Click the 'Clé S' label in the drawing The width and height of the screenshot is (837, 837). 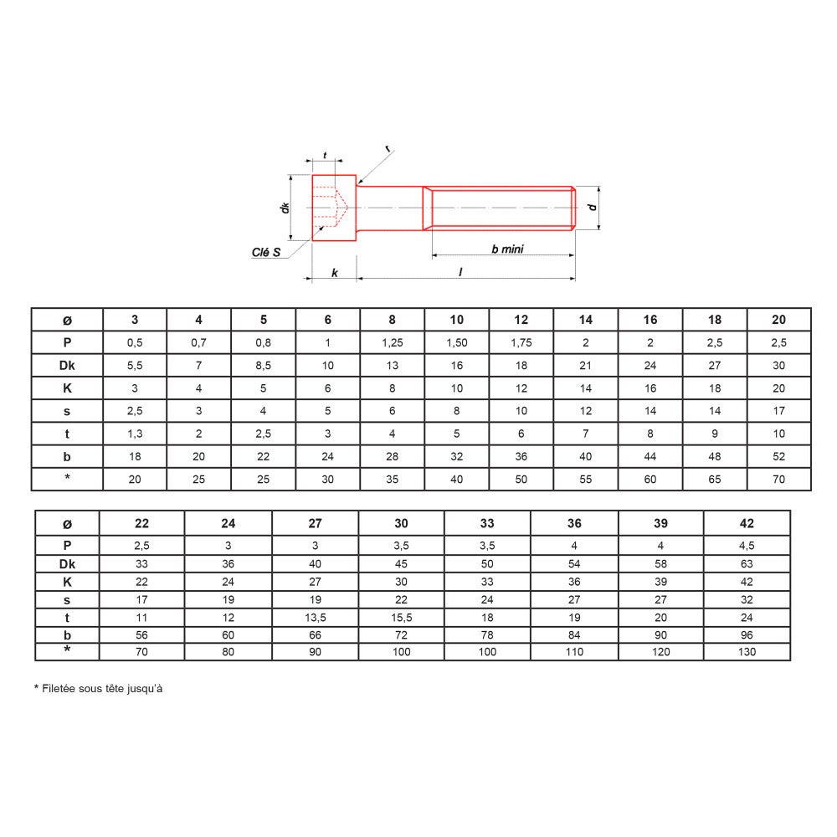pos(266,252)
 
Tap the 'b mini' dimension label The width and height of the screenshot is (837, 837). pos(507,249)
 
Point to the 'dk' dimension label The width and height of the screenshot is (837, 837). pos(285,208)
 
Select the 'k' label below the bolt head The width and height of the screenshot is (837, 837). pos(335,273)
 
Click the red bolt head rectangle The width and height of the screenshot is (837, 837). pos(334,208)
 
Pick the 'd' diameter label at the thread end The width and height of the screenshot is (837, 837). pos(592,207)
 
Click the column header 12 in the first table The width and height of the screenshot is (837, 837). pos(521,319)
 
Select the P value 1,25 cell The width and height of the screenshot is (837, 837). pos(393,342)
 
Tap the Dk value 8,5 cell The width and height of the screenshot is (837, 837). pos(263,366)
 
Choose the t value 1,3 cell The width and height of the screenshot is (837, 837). pos(135,434)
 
